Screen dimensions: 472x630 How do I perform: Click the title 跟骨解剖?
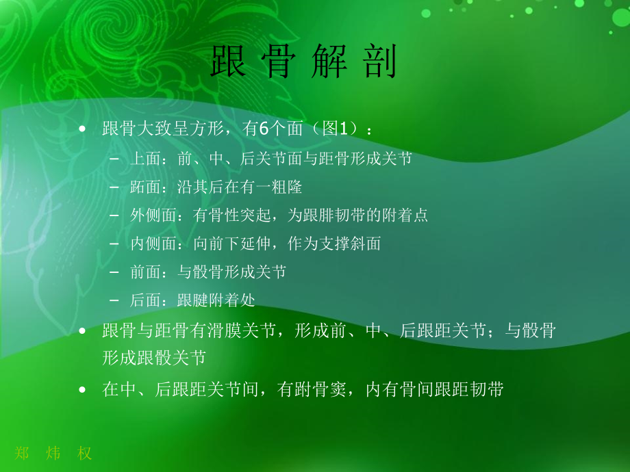[304, 63]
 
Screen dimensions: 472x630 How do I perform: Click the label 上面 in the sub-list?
[143, 159]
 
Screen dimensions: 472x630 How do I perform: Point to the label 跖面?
[143, 187]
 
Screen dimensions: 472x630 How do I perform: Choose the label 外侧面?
[151, 215]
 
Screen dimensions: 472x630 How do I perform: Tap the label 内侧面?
[151, 243]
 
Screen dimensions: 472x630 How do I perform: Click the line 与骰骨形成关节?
[231, 272]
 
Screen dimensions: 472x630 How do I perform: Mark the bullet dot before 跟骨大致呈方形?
[83, 129]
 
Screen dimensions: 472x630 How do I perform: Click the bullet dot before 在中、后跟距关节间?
[83, 390]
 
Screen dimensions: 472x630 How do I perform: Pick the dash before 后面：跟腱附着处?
[114, 300]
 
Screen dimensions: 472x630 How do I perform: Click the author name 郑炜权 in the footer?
[53, 453]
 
